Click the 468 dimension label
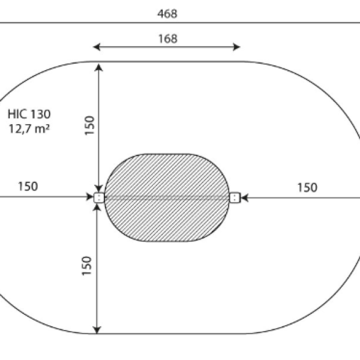coord(167,14)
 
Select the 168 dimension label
coord(168,38)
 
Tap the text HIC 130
coord(29,114)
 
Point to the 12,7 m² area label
coord(29,128)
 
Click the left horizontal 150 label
coord(28,187)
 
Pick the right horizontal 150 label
coord(307,187)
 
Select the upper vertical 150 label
coord(89,125)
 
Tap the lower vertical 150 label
coord(86,266)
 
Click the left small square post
coord(99,197)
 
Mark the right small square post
coord(235,197)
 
